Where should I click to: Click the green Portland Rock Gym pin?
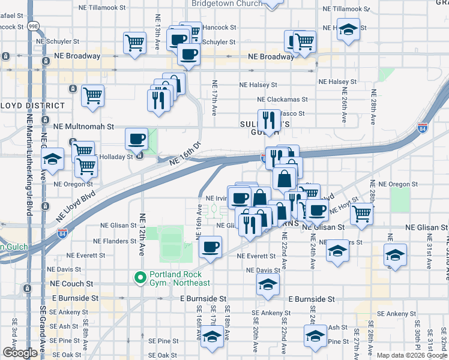(140, 278)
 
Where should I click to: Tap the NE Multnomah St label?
(83, 127)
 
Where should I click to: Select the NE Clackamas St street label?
(282, 100)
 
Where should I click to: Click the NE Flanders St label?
(116, 241)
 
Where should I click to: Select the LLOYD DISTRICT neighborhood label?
(32, 105)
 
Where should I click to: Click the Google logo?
(20, 353)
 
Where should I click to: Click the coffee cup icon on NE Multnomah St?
(137, 139)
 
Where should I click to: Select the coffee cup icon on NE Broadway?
(189, 55)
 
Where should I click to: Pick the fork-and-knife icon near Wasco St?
(270, 120)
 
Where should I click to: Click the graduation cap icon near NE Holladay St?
(53, 160)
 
